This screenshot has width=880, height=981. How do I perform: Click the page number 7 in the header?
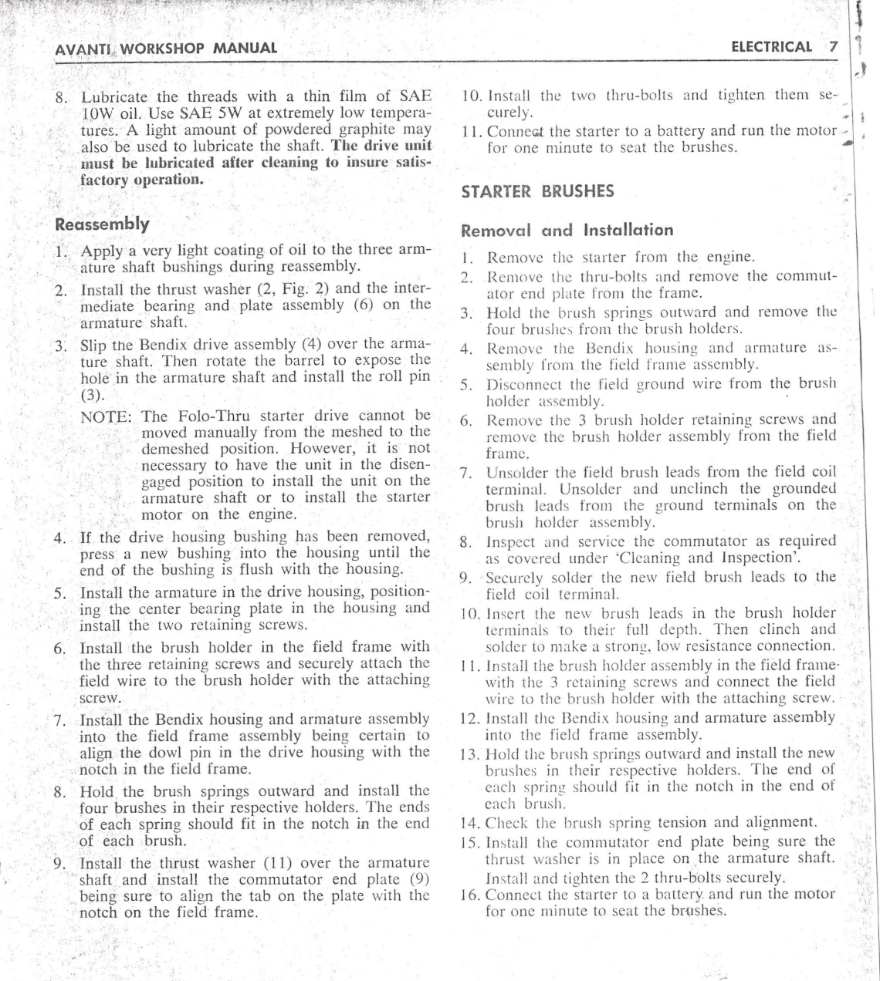pyautogui.click(x=833, y=47)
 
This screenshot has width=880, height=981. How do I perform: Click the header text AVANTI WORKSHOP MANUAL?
pyautogui.click(x=166, y=48)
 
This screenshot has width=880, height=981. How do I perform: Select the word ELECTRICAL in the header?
pyautogui.click(x=771, y=47)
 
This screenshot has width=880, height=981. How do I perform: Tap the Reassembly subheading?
pyautogui.click(x=103, y=224)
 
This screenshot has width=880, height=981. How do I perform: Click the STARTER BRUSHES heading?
pyautogui.click(x=537, y=191)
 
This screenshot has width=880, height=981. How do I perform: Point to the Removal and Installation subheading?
pyautogui.click(x=567, y=230)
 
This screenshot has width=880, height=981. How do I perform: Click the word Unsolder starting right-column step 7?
pyautogui.click(x=518, y=472)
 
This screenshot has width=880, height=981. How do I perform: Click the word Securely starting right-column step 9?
pyautogui.click(x=516, y=577)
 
